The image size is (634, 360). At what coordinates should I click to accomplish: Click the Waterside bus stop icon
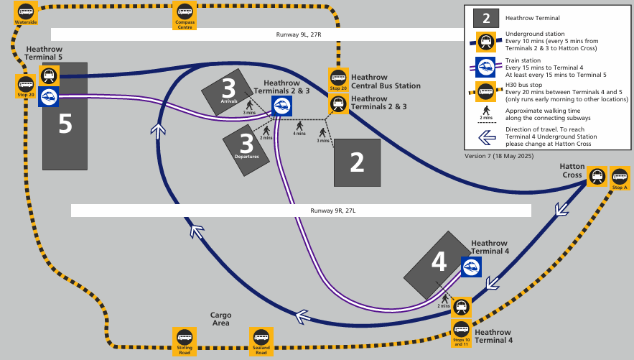click(26, 13)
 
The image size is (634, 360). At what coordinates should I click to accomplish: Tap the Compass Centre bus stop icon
click(185, 15)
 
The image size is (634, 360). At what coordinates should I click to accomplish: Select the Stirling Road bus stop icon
click(185, 341)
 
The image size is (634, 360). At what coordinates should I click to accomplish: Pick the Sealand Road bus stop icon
click(261, 341)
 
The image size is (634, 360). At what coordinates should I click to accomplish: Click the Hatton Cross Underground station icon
click(597, 176)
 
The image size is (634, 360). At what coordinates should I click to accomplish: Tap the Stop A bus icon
click(620, 178)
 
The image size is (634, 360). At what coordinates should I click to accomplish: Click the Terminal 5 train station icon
click(49, 97)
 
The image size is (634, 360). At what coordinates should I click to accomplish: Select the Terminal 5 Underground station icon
click(50, 75)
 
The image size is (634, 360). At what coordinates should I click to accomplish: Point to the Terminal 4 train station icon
click(471, 267)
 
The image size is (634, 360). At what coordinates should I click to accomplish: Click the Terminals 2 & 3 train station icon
click(281, 106)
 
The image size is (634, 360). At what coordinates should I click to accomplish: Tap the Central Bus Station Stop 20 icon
click(338, 80)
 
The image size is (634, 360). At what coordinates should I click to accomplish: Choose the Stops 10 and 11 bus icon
click(462, 333)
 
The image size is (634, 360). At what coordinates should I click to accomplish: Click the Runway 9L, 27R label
click(299, 34)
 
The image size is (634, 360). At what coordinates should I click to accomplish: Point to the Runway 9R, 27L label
click(333, 211)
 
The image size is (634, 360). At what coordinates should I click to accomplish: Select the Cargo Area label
click(220, 319)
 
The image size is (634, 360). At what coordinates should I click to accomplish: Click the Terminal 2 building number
click(357, 162)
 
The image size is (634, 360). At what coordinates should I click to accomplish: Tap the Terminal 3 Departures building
click(246, 150)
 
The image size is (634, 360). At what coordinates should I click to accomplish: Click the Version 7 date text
click(499, 156)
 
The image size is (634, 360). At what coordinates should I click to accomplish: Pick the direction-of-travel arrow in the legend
click(487, 137)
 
